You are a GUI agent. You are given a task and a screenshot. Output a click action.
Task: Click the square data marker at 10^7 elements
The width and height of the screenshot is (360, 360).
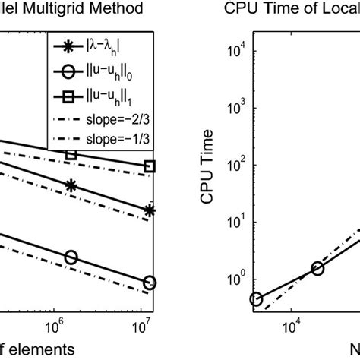coord(150,166)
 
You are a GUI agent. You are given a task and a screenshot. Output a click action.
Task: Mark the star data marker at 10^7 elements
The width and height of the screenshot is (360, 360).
coord(150,211)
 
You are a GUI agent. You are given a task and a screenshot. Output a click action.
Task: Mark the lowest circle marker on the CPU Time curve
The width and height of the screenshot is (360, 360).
coord(256,299)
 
